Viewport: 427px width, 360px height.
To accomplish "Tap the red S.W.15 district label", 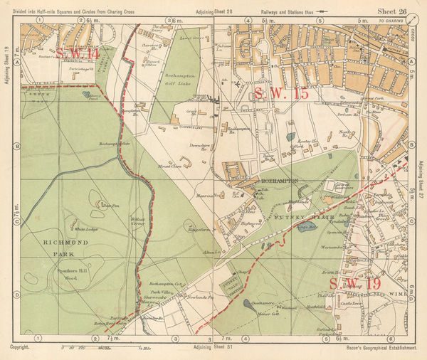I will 281,92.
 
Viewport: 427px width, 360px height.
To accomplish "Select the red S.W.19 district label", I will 353,285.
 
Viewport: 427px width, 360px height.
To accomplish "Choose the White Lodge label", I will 86,229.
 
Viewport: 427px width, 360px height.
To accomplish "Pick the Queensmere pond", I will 248,302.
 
